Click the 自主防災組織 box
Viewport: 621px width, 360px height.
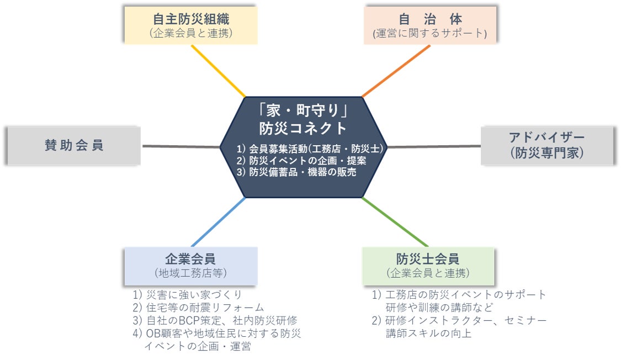(190, 25)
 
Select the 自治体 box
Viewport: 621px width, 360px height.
(429, 25)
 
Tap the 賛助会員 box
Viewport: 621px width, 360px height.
(74, 146)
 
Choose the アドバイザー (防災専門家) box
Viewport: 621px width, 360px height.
(546, 145)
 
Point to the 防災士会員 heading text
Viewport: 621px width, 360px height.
(428, 259)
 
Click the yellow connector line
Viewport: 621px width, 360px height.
(218, 70)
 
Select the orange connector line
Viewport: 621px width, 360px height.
(396, 70)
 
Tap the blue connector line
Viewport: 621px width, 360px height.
(218, 222)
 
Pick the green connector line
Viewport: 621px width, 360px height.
(395, 222)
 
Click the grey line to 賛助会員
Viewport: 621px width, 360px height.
(181, 146)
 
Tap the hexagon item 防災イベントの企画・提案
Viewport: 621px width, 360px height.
(301, 160)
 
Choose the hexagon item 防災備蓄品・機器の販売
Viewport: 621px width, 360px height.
(296, 172)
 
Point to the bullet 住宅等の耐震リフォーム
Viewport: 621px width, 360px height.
(198, 308)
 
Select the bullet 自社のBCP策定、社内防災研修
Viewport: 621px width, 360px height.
(215, 320)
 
